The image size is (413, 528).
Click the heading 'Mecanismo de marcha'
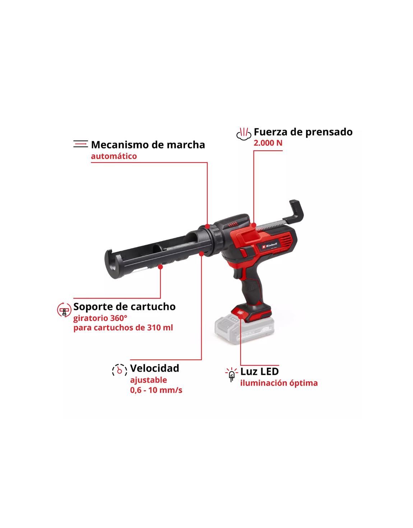coord(148,145)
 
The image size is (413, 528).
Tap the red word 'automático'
coord(114,156)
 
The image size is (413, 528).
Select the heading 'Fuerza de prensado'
coord(303,132)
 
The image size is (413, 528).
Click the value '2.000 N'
coord(268,143)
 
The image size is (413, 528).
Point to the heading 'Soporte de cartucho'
coord(124,307)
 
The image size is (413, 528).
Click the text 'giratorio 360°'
coord(100,318)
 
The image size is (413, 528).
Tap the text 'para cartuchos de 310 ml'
coord(123,327)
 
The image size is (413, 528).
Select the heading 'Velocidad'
coord(154,368)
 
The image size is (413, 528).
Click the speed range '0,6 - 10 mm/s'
coord(156,390)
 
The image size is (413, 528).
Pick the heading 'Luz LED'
coord(260,372)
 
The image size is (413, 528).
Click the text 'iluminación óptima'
coord(279,383)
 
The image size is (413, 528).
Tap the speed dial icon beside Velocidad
coord(120,370)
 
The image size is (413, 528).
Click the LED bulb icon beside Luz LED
coord(232,375)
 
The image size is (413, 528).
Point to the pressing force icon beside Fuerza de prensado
coord(244,134)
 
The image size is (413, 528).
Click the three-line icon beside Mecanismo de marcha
coord(81,144)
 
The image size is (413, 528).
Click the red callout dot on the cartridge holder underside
coord(160,267)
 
